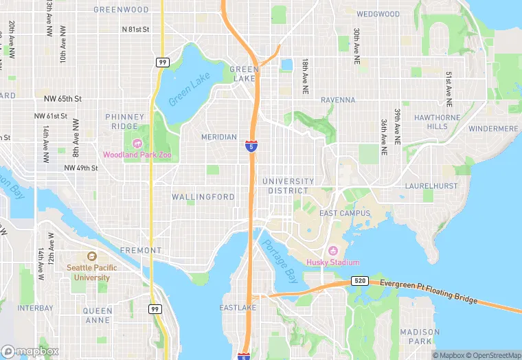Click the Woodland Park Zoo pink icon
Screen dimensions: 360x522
[x=136, y=143]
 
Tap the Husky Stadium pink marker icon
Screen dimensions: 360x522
[x=333, y=251]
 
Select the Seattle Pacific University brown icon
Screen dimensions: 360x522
[x=91, y=256]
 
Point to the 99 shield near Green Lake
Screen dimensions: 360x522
[x=162, y=62]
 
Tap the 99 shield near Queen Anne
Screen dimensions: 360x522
[x=156, y=309]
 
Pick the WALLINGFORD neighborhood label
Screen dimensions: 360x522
[x=203, y=196]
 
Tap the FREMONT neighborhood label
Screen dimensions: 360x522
[x=141, y=251]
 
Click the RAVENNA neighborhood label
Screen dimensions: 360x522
[x=338, y=100]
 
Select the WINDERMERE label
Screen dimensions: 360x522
[x=492, y=128]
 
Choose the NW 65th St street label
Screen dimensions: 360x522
[x=63, y=99]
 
